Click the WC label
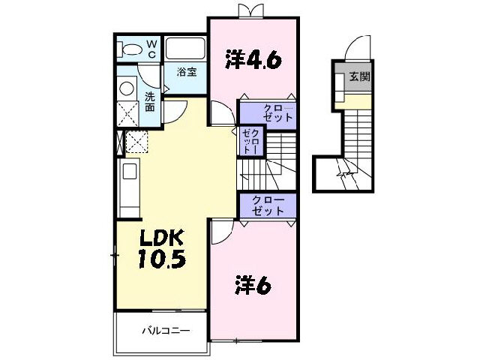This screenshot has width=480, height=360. [x=152, y=49]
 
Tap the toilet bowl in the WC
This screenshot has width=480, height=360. [x=131, y=49]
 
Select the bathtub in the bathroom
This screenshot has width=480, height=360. [x=185, y=48]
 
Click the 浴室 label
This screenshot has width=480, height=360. [x=187, y=72]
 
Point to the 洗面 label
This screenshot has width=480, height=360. [x=150, y=102]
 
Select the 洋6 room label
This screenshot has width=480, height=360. [x=253, y=285]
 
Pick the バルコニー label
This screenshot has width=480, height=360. [x=166, y=331]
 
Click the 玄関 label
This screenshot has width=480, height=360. [x=360, y=76]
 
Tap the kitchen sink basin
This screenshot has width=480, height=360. [x=130, y=172]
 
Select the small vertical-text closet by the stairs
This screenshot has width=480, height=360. [x=251, y=141]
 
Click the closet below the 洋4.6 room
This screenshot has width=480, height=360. [x=268, y=114]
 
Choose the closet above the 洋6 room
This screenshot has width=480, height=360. [x=268, y=205]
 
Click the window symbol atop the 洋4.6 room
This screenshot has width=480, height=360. [x=251, y=11]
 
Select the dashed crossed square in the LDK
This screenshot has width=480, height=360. [x=136, y=142]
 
